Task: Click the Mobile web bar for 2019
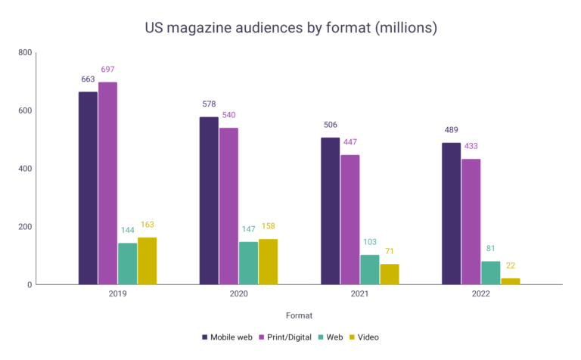(88, 188)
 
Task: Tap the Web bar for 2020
(248, 263)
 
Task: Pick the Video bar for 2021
(389, 274)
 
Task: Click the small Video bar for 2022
(510, 281)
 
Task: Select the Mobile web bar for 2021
(330, 211)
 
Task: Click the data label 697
(107, 70)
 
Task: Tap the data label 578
(209, 104)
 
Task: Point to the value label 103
(369, 242)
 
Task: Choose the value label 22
(510, 265)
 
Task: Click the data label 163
(147, 225)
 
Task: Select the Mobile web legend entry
(226, 337)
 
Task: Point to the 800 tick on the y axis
(25, 53)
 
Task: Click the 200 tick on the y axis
(25, 227)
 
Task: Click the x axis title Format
(298, 315)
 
